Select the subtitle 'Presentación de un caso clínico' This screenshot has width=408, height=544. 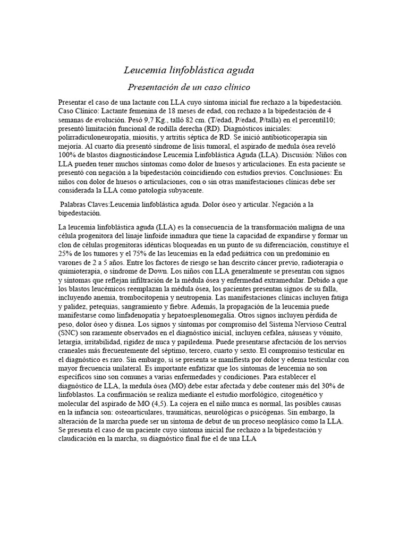(x=189, y=87)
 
